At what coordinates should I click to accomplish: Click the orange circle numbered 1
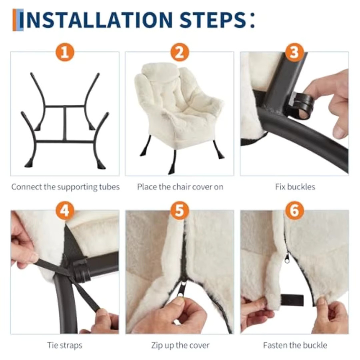(x=65, y=52)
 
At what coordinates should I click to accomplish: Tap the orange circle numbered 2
(x=180, y=52)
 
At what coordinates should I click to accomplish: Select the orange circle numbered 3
(x=294, y=52)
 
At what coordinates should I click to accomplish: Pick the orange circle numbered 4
(x=65, y=210)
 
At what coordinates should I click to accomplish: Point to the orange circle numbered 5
(x=180, y=210)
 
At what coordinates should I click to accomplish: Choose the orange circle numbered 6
(x=294, y=210)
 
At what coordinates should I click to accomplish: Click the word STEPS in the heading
(x=213, y=20)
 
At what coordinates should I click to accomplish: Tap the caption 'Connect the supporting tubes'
(x=66, y=187)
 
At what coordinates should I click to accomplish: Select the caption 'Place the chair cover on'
(x=180, y=187)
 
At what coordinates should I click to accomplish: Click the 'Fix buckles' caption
(x=295, y=187)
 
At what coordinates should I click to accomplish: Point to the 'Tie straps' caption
(x=64, y=345)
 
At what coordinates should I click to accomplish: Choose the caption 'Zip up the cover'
(x=180, y=345)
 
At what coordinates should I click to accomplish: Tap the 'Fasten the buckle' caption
(x=295, y=345)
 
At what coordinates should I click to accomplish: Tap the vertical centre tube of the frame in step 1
(x=65, y=124)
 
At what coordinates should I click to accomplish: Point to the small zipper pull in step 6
(x=287, y=258)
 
